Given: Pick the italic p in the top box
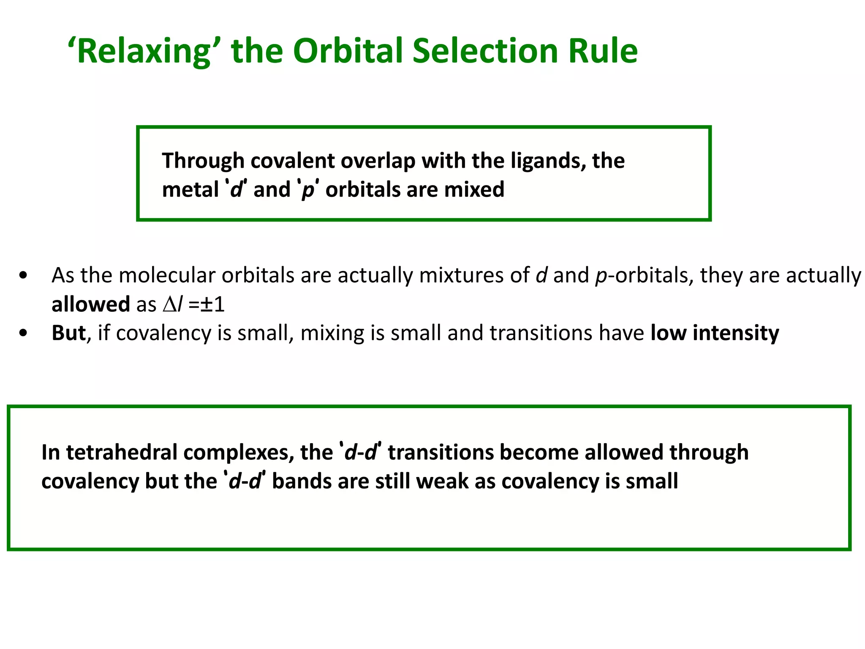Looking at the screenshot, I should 308,190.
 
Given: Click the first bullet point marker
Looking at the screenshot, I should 24,276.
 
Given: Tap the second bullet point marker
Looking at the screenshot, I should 24,333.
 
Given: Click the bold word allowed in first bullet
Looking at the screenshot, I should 90,304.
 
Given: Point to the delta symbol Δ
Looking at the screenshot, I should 169,304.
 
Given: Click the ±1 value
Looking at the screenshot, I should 212,304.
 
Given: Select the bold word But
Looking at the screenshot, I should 68,333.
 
